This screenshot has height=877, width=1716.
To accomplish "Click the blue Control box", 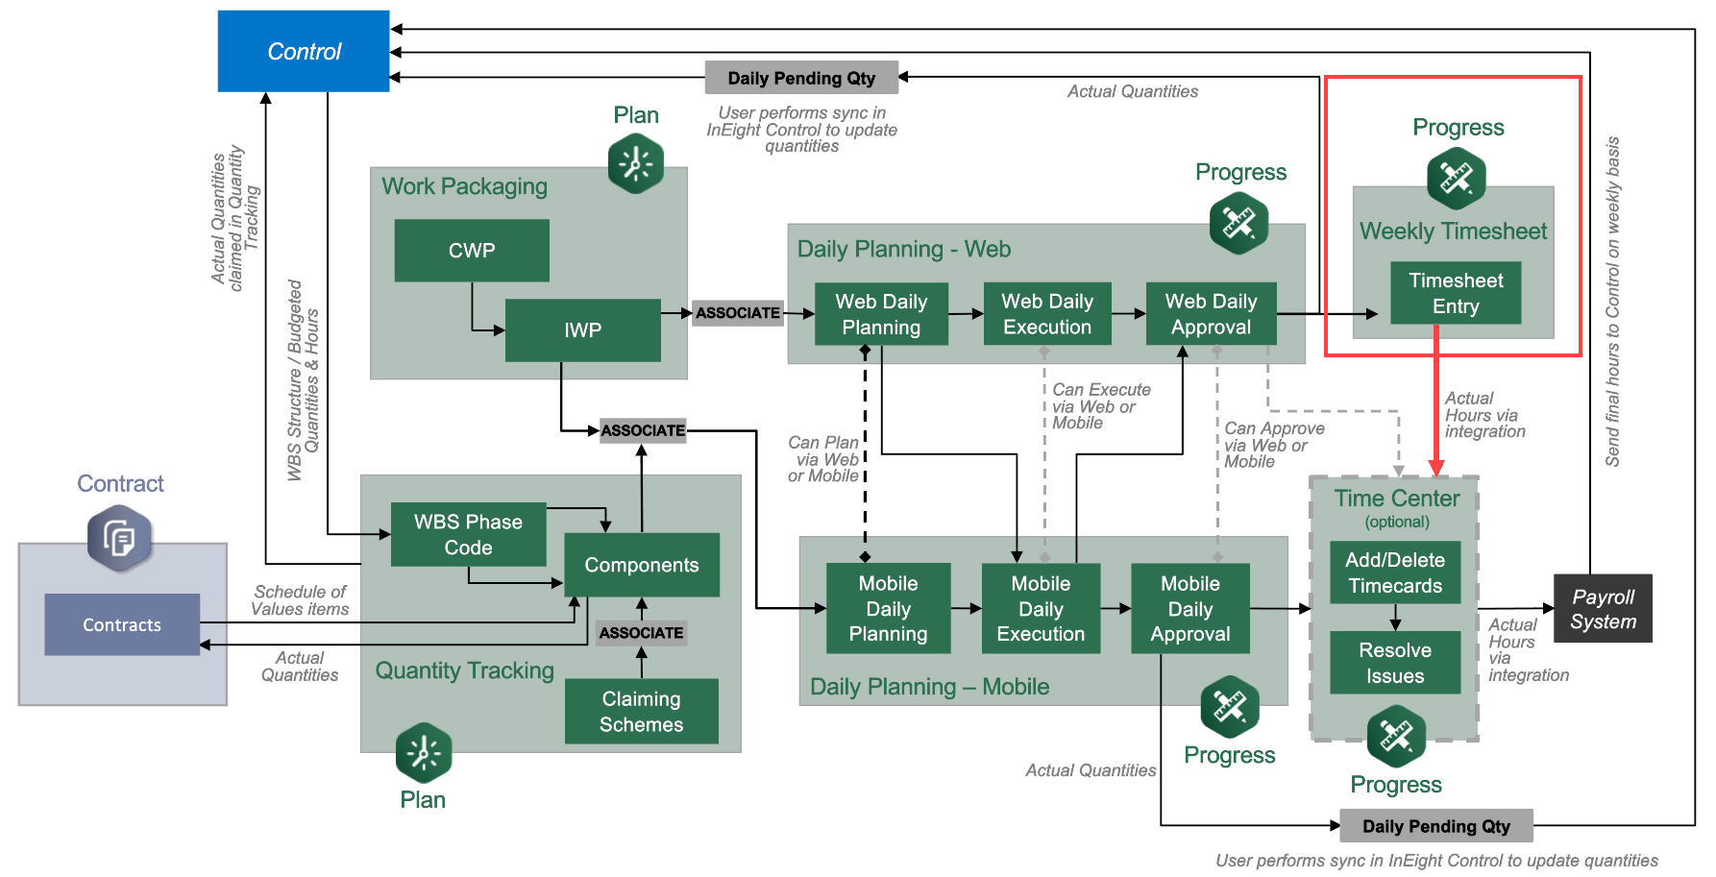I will [x=304, y=52].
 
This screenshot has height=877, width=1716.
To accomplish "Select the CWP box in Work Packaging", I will [x=472, y=251].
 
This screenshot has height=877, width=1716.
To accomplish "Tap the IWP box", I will [x=582, y=330].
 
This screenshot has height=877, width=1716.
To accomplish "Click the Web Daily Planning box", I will [x=881, y=314].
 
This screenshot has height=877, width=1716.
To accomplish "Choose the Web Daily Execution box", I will [x=1047, y=314].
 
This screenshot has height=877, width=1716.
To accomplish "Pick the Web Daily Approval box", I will [x=1211, y=314].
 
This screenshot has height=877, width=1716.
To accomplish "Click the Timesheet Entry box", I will [x=1456, y=293].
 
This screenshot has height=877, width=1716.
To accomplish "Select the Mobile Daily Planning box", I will [x=888, y=608].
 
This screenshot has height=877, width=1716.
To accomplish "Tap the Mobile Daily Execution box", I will [x=1041, y=608].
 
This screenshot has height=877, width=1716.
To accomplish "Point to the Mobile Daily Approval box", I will [x=1189, y=608].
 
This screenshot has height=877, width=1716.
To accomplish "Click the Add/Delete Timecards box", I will [x=1395, y=572].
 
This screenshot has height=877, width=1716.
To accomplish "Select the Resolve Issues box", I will [x=1395, y=663].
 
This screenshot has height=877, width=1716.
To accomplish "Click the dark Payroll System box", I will [x=1603, y=609].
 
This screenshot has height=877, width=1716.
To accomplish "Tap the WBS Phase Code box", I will [x=468, y=535].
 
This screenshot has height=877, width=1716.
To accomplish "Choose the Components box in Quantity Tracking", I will [x=642, y=565].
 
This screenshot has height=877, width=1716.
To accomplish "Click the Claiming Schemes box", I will [x=641, y=712].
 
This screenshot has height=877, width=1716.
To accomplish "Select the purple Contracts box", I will [x=122, y=625].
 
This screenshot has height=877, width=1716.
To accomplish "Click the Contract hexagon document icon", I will [x=119, y=538].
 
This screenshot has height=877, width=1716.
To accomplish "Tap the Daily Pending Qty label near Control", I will [x=801, y=79].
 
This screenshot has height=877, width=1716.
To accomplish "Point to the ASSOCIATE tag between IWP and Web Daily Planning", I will [x=738, y=313].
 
